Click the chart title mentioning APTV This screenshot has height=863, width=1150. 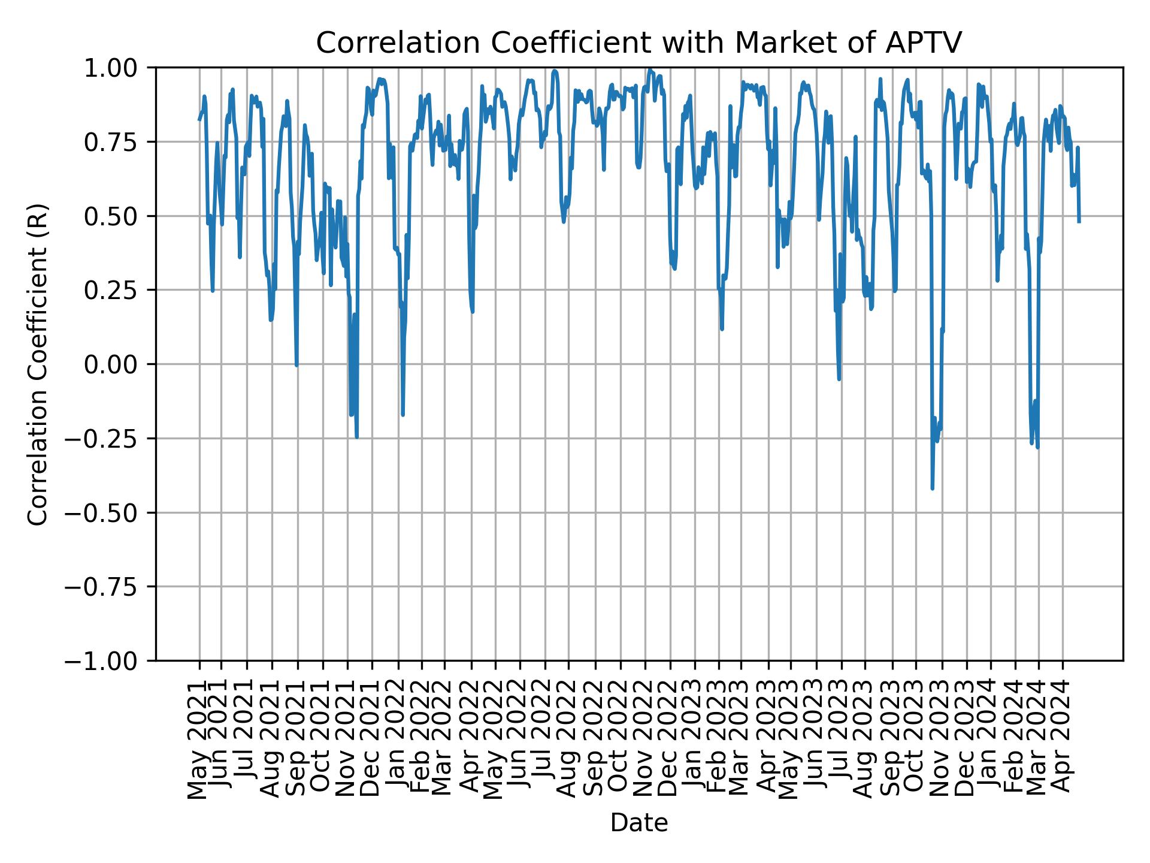click(x=638, y=43)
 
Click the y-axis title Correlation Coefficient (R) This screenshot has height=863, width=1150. click(x=38, y=364)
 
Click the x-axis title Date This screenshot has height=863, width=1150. click(x=638, y=823)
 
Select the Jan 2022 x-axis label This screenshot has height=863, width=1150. click(x=397, y=740)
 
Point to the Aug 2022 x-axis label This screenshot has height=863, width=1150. click(x=568, y=740)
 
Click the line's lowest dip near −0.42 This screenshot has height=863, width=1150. click(x=933, y=488)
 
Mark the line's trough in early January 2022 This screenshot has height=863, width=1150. click(x=402, y=414)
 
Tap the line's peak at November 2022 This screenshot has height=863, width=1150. click(x=649, y=70)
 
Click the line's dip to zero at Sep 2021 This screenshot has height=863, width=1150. click(x=296, y=365)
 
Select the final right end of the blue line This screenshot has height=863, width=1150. click(x=1079, y=222)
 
